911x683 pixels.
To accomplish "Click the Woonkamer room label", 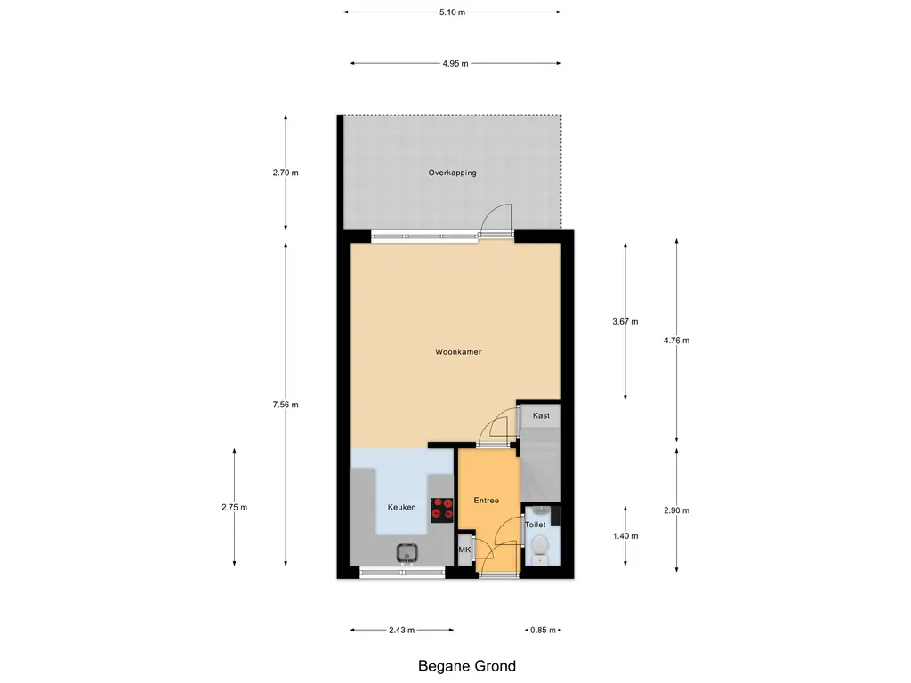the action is coord(458,351).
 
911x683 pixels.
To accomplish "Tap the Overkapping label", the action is coord(452,173).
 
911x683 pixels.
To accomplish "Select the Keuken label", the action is coord(401,507).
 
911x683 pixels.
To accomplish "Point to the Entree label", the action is coord(486,500).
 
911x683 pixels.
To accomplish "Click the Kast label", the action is coord(541,415).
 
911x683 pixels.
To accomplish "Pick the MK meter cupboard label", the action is coord(464,550).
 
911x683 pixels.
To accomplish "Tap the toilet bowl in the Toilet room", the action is coord(540,548).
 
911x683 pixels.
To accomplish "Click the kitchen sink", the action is coord(408,553).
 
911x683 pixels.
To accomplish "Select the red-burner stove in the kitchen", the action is coord(441,510).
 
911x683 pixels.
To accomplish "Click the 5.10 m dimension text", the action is coord(452,12).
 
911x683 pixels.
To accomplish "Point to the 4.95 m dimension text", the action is coord(455,64).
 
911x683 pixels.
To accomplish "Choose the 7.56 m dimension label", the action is coord(286,405).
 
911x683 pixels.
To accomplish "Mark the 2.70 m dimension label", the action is coord(286,173).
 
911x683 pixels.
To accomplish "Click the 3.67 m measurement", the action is coord(625,321).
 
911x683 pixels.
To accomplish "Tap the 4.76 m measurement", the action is coord(676,341).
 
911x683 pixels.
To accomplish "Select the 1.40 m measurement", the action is coord(625,536).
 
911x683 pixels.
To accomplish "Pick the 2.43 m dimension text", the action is coord(401,631).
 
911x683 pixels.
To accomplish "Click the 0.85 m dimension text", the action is coord(543,631).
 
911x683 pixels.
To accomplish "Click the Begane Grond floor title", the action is coord(466,666).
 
